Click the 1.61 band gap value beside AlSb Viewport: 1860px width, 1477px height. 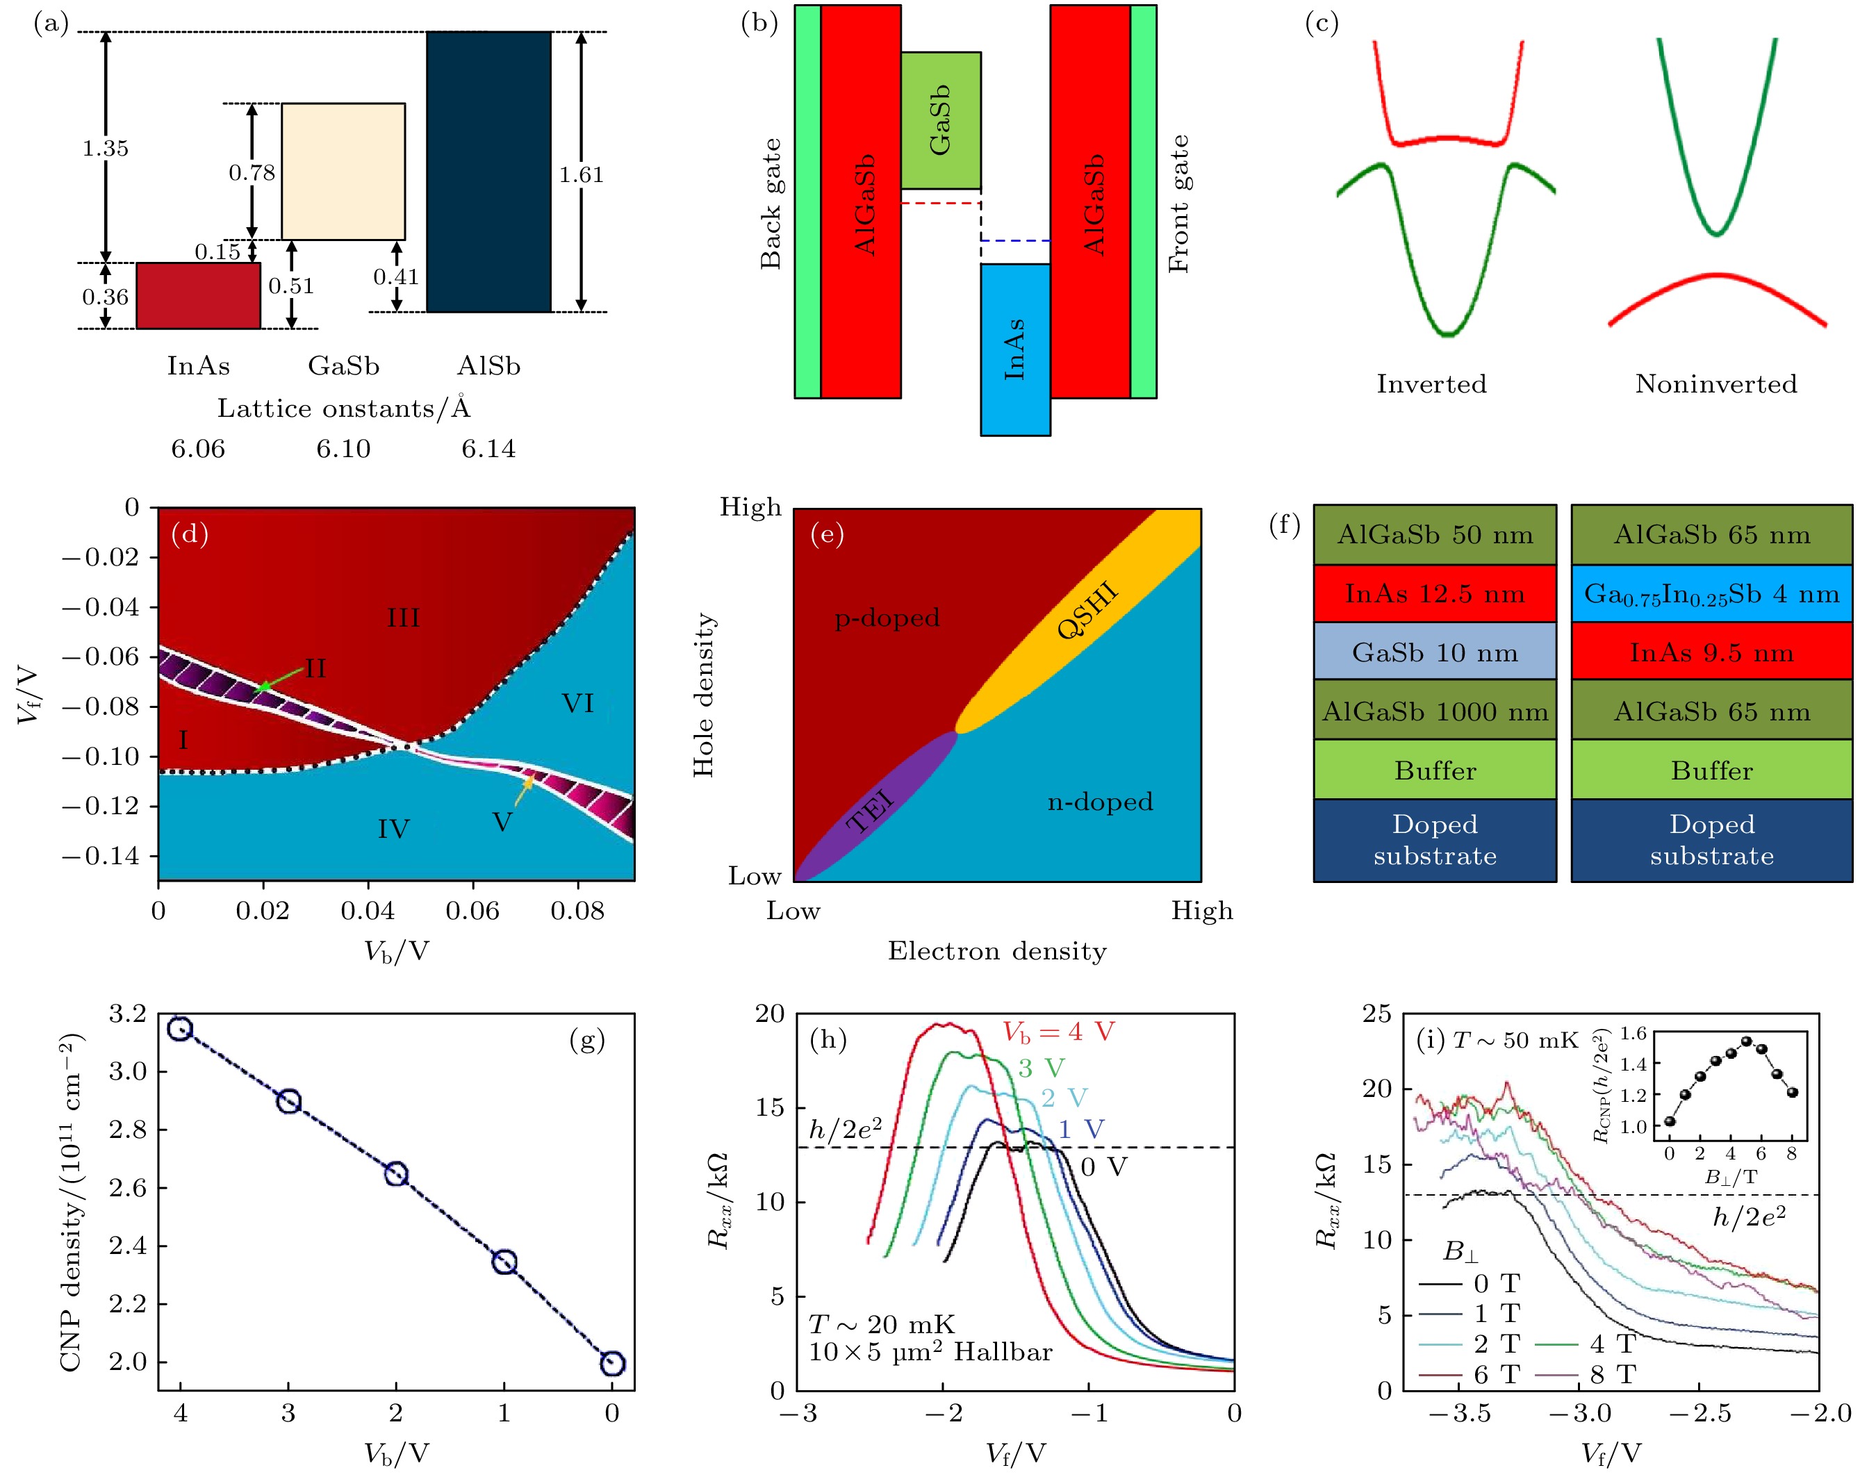(581, 175)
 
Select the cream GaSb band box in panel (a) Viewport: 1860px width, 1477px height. (343, 171)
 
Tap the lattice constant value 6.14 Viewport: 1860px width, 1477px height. (488, 449)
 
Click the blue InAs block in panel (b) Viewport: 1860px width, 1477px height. (1014, 349)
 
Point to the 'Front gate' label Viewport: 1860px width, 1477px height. (1179, 204)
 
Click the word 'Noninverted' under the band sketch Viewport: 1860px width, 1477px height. (1716, 384)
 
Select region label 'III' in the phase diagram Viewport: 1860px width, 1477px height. (403, 618)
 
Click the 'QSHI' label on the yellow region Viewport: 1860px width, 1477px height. (1088, 610)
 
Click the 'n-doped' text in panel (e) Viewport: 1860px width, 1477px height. (1100, 802)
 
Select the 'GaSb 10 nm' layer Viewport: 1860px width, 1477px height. (1435, 652)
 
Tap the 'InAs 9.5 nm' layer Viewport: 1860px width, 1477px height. (1711, 652)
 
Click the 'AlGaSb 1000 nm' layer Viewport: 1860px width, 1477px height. (1435, 712)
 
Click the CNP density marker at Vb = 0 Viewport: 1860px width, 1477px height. (611, 1363)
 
